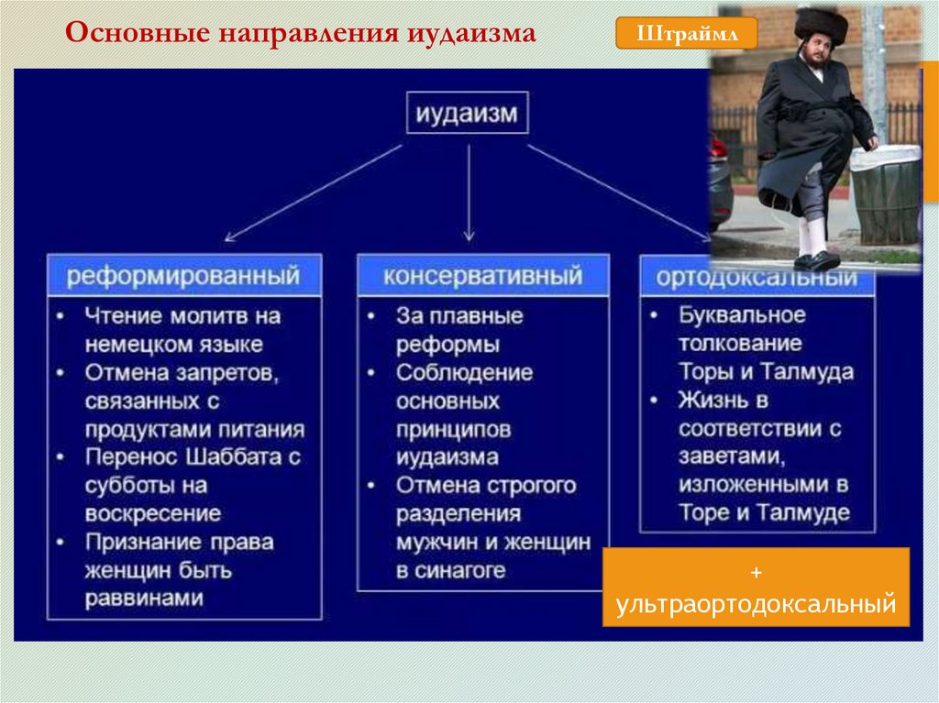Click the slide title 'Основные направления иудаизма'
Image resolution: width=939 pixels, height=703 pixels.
point(301,34)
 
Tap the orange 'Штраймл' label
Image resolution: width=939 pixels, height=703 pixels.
point(686,34)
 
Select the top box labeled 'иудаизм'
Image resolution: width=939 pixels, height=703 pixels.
point(467,115)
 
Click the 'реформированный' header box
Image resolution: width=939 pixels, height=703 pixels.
point(184,275)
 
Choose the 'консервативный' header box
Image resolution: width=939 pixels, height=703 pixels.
point(482,275)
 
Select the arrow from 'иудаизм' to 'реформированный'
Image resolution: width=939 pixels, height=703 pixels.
point(312,193)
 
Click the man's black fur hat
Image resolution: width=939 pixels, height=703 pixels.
point(821,26)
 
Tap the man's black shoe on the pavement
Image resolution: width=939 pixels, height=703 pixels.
point(818,261)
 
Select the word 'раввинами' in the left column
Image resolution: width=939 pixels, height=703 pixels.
point(144,599)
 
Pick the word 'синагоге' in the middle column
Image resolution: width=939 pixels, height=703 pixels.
point(462,570)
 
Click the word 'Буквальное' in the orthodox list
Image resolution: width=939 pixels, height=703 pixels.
point(742,315)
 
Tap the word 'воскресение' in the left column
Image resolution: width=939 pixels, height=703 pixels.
point(152,513)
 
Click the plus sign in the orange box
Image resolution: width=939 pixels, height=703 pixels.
point(756,573)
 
